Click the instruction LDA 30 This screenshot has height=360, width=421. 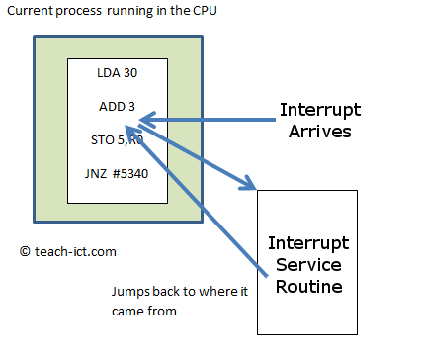tap(118, 73)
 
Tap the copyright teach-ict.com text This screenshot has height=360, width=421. tap(67, 251)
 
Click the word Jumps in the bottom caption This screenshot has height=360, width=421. tap(126, 292)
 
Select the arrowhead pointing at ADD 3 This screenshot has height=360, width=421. tap(145, 121)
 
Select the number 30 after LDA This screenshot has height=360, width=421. tap(130, 73)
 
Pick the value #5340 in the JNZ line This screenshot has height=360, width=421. tap(131, 175)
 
